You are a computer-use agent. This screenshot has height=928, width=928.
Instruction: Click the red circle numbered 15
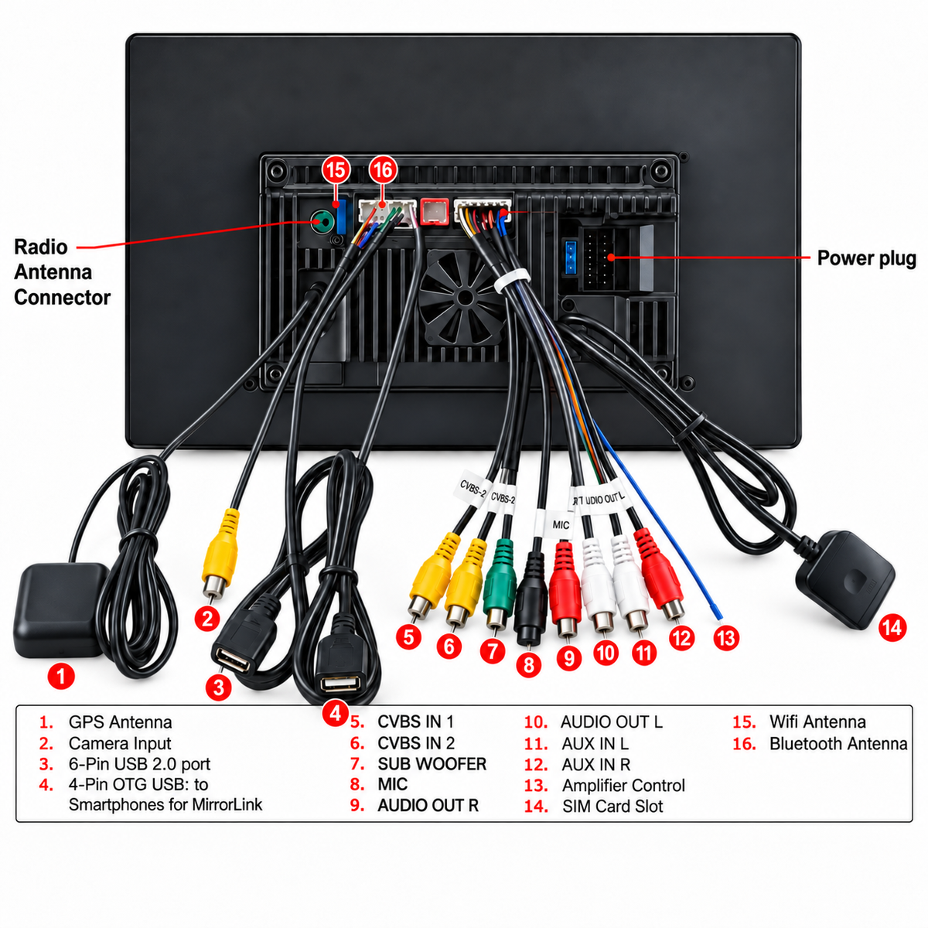(x=336, y=169)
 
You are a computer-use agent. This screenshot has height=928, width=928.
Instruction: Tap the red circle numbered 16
(x=383, y=169)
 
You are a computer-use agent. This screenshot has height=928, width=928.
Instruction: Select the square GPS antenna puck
(x=62, y=611)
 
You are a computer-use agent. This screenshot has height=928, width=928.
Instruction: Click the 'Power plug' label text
(x=866, y=258)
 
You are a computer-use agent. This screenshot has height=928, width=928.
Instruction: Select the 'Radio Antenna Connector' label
(x=62, y=272)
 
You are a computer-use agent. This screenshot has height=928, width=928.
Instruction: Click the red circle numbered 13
(x=726, y=638)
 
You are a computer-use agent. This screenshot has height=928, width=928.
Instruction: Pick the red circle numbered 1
(x=61, y=676)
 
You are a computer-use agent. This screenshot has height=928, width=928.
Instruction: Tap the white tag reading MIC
(x=561, y=524)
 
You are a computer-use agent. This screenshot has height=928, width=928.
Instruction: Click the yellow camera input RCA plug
(x=221, y=554)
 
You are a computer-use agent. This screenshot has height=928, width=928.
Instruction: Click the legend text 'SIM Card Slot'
(x=612, y=806)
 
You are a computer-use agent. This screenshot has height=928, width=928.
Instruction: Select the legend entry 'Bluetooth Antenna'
(x=838, y=743)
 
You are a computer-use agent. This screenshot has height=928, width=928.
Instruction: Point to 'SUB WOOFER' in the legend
(x=432, y=764)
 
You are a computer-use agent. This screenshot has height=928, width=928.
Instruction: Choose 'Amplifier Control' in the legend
(x=623, y=786)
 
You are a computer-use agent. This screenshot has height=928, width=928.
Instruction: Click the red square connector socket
(x=435, y=211)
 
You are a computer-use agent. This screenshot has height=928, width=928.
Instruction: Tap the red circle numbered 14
(x=892, y=627)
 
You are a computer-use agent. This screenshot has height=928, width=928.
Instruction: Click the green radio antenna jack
(x=321, y=222)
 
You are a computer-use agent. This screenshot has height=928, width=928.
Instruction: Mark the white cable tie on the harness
(x=511, y=280)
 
